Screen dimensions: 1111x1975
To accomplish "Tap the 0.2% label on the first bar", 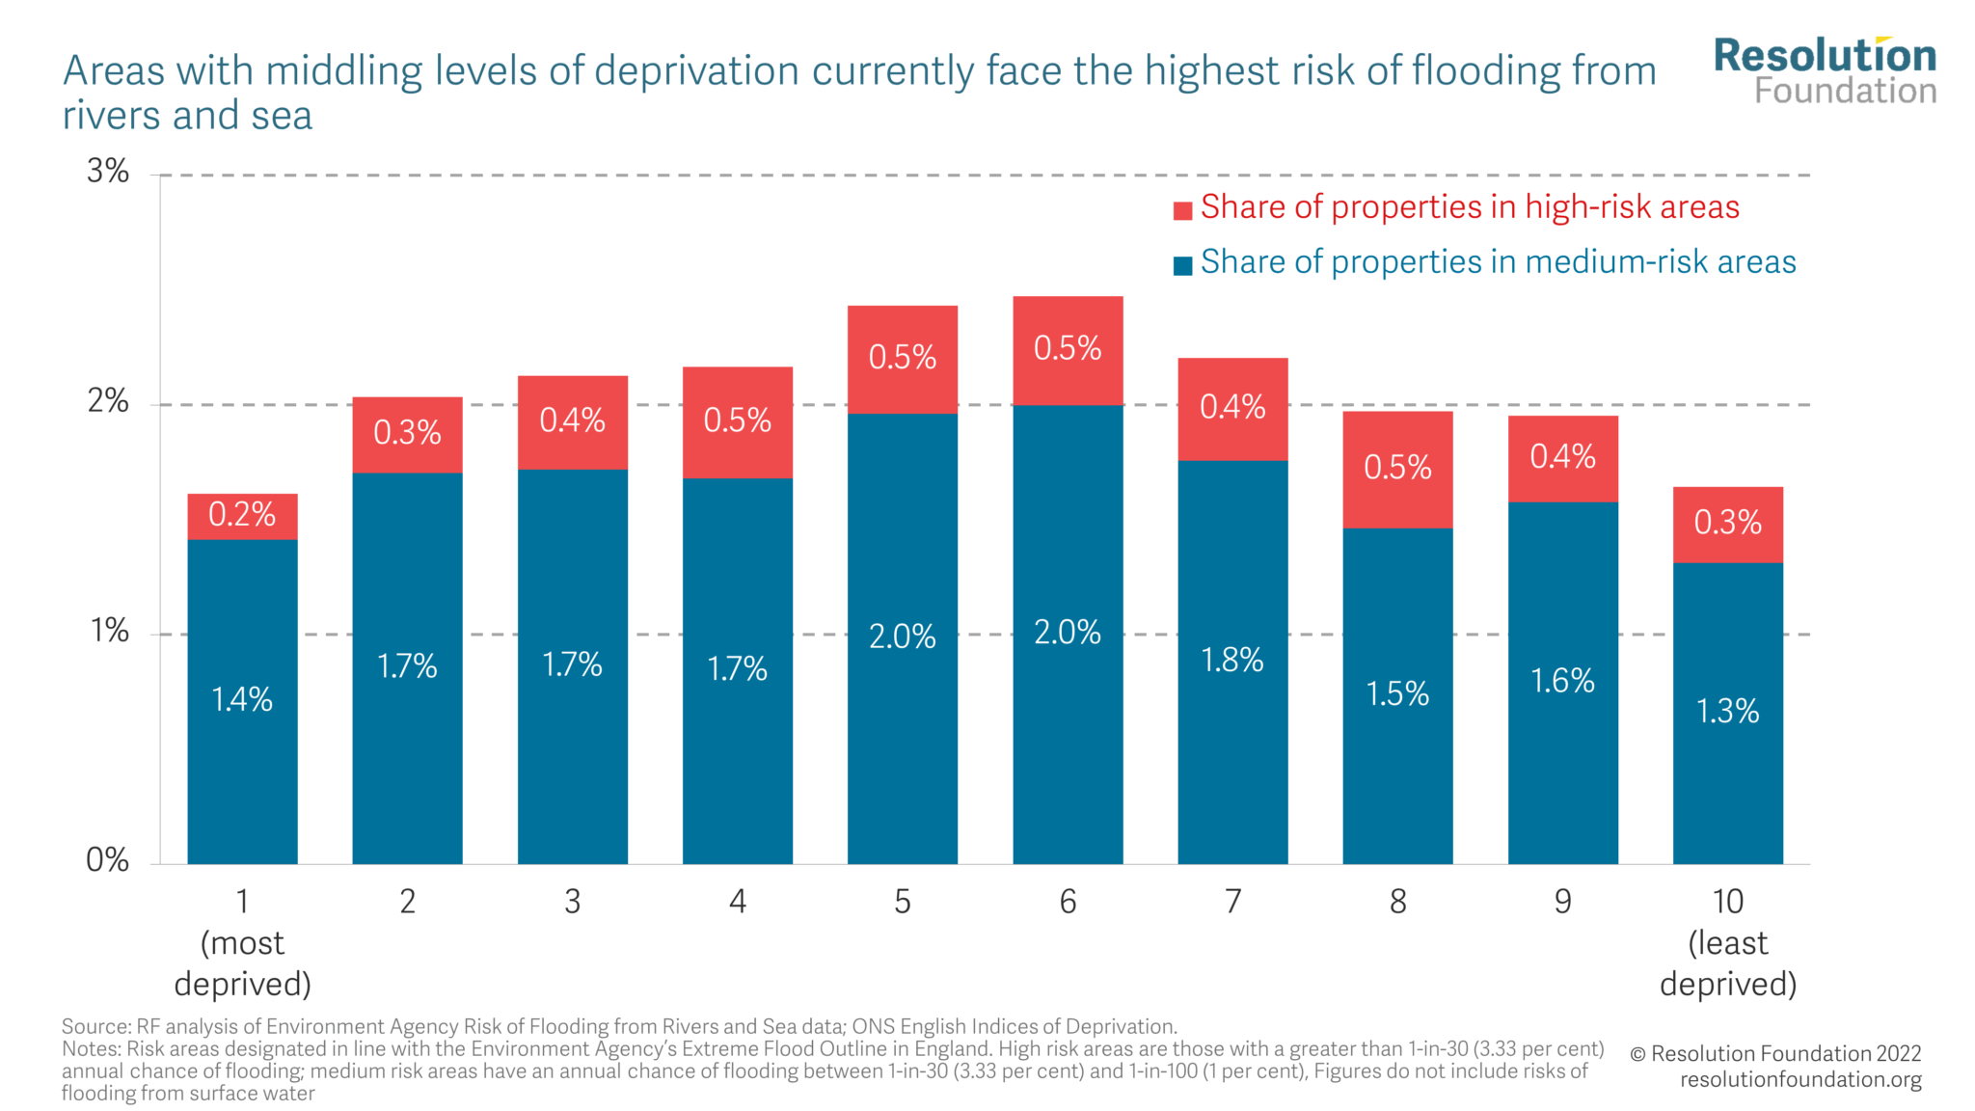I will pyautogui.click(x=242, y=515).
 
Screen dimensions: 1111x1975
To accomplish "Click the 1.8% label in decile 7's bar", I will pyautogui.click(x=1232, y=661).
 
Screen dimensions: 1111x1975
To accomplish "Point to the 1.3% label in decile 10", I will pyautogui.click(x=1727, y=712).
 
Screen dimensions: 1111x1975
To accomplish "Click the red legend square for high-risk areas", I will pyautogui.click(x=1182, y=211).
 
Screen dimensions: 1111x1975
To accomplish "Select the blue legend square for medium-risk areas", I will pyautogui.click(x=1182, y=266).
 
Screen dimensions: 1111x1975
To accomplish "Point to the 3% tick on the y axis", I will pyautogui.click(x=108, y=172).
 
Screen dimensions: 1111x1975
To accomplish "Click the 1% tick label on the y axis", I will pyautogui.click(x=109, y=632).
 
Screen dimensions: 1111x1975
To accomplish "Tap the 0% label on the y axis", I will pyautogui.click(x=108, y=860).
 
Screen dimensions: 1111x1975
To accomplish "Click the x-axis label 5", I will pyautogui.click(x=903, y=903).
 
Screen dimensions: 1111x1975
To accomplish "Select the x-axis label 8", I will pyautogui.click(x=1397, y=903).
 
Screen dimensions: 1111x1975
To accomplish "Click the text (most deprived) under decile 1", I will pyautogui.click(x=242, y=963).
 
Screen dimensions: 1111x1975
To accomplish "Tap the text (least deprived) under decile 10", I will pyautogui.click(x=1727, y=963).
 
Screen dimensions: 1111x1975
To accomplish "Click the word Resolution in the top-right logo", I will pyautogui.click(x=1825, y=56).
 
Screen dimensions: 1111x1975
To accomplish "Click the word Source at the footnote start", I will pyautogui.click(x=95, y=1026).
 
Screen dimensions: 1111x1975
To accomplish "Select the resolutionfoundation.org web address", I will pyautogui.click(x=1800, y=1080).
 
